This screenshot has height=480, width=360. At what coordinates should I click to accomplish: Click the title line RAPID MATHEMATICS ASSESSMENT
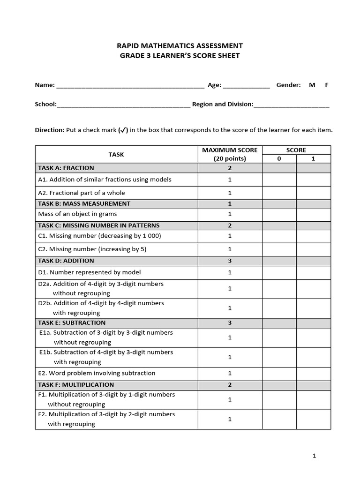click(x=180, y=45)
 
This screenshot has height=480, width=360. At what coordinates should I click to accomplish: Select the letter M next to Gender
click(x=312, y=85)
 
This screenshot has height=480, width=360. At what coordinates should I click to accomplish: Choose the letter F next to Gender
click(x=327, y=85)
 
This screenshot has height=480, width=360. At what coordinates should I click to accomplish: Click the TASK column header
click(x=116, y=154)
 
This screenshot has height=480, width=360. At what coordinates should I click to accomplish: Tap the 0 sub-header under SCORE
click(x=279, y=158)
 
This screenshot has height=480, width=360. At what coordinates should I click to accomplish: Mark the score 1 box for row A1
click(x=313, y=180)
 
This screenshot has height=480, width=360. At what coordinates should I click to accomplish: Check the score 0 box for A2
click(x=279, y=193)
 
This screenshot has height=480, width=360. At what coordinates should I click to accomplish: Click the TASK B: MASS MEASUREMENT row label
click(x=84, y=203)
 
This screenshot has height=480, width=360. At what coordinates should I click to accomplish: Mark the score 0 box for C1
click(x=279, y=236)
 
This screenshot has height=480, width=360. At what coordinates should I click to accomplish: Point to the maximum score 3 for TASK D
click(x=230, y=261)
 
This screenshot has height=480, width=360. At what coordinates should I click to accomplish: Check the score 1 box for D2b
click(x=313, y=308)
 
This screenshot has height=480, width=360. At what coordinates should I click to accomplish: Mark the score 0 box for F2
click(x=279, y=419)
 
